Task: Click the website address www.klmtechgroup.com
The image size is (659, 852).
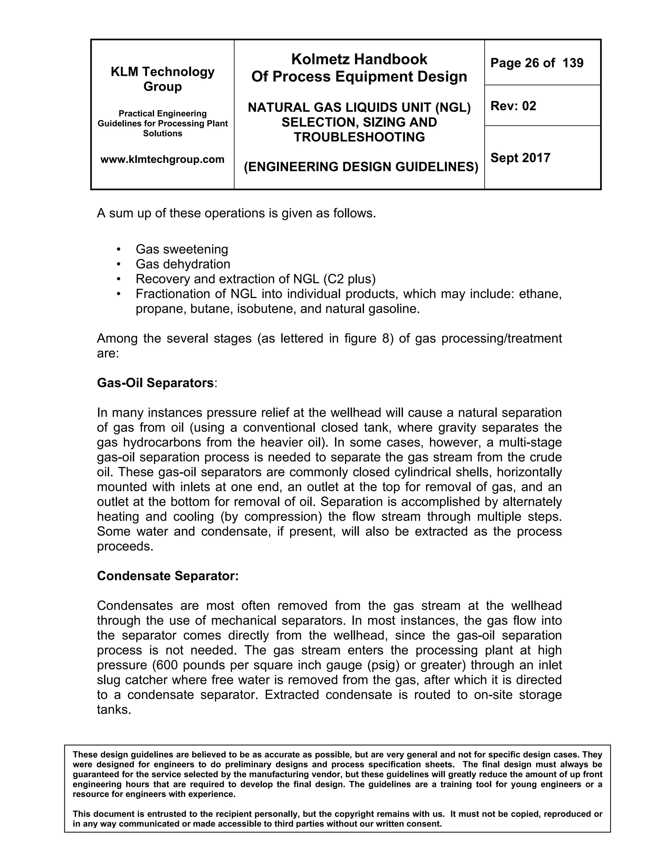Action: pos(162,159)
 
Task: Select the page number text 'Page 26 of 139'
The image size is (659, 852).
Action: pos(537,63)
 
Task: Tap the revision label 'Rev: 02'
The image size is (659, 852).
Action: pos(513,106)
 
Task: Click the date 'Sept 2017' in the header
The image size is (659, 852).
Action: pos(520,158)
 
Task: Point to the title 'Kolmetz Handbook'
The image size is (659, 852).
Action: pos(359,59)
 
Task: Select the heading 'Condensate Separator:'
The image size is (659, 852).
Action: pos(167,576)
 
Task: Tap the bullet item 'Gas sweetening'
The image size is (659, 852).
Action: pos(181,249)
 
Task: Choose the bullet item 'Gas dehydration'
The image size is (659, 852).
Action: pos(183,264)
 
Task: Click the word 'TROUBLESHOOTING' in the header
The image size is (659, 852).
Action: pos(359,137)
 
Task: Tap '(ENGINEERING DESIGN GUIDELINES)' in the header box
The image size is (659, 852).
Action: pos(361,167)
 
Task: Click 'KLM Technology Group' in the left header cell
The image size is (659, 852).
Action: pos(162,79)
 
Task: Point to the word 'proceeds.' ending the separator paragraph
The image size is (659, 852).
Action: pos(125,546)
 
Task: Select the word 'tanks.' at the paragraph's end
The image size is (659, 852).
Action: pos(114,709)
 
